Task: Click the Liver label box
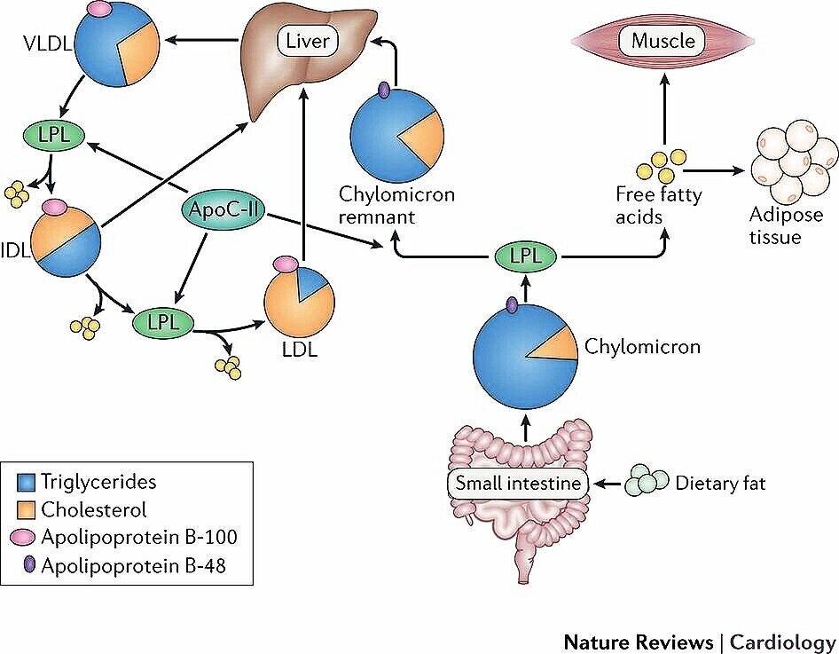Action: (307, 41)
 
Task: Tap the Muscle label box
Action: (663, 41)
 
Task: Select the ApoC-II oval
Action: (223, 209)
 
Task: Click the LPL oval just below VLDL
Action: (54, 135)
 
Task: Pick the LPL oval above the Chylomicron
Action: (525, 256)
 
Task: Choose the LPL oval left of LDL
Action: (163, 322)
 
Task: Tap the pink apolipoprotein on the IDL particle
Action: (54, 206)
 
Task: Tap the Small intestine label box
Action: (518, 484)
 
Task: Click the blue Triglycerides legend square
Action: (26, 483)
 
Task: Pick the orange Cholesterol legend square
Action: (26, 509)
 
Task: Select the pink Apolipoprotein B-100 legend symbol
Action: (24, 538)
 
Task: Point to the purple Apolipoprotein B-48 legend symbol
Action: (30, 564)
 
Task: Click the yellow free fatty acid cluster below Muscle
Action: (661, 166)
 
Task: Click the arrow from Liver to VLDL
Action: (201, 40)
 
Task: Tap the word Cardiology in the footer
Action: (783, 642)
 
